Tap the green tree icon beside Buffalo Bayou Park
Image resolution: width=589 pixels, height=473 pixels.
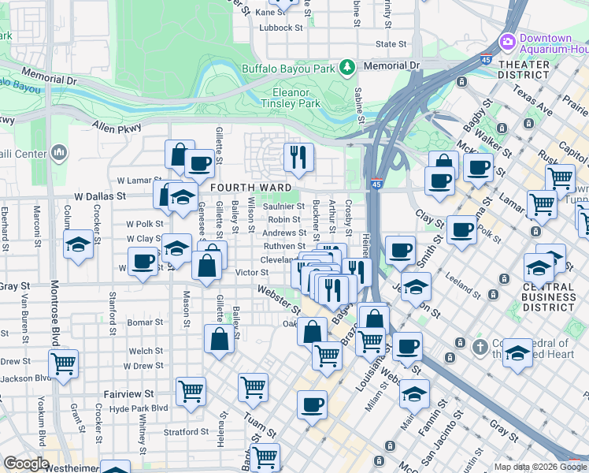[346, 67]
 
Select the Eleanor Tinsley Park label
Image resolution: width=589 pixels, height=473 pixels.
[291, 97]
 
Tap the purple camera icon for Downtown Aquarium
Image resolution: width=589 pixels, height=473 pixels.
[506, 41]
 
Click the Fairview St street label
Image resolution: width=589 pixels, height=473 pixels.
[131, 393]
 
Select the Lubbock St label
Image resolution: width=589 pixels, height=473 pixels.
[281, 28]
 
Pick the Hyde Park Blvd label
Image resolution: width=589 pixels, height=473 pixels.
[139, 408]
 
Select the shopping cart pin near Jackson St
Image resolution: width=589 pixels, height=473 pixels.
[63, 363]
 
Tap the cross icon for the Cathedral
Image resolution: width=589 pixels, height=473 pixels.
[480, 345]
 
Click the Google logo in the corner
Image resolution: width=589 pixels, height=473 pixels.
[26, 464]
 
